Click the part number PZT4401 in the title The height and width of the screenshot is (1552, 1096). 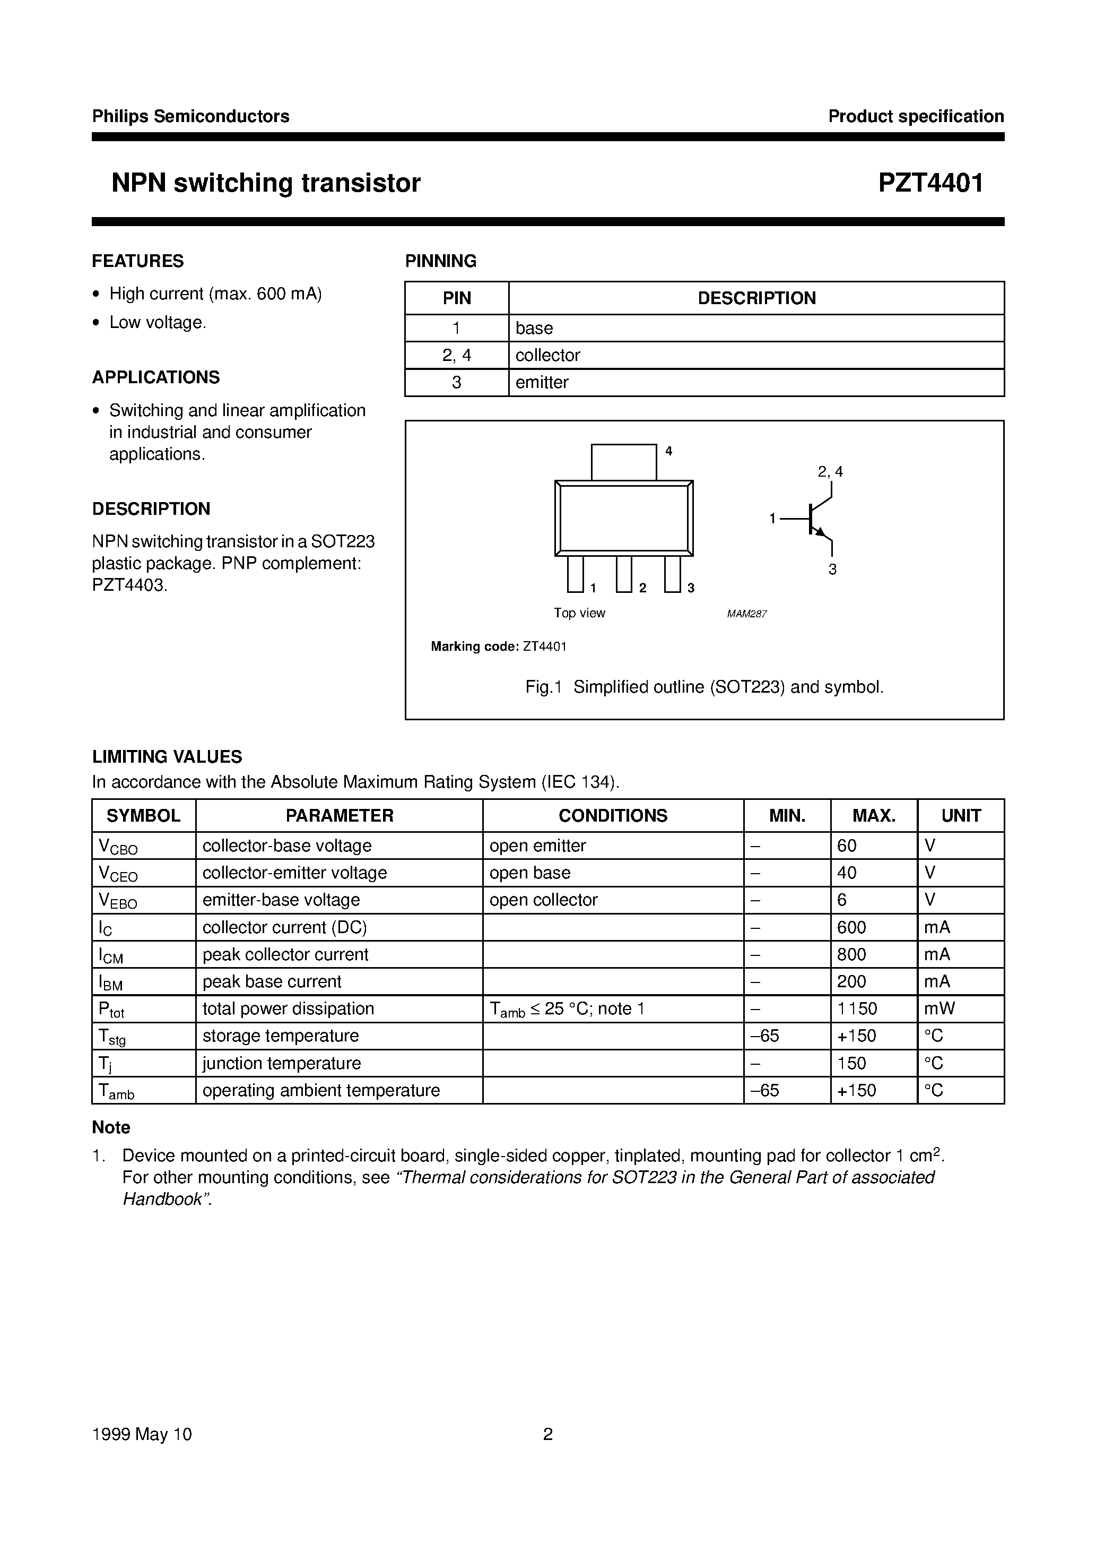click(930, 183)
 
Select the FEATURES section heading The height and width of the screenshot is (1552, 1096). click(138, 261)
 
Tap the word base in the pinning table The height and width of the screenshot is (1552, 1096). click(534, 328)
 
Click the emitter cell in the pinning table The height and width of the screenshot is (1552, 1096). click(542, 382)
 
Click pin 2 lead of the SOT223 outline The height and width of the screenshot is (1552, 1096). click(624, 573)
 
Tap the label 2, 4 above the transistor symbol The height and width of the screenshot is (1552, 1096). click(830, 472)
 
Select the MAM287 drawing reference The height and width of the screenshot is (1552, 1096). click(746, 614)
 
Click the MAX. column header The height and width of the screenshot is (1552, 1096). click(874, 815)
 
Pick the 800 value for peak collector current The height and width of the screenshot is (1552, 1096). click(851, 954)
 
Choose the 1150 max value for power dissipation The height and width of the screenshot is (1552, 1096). click(857, 1008)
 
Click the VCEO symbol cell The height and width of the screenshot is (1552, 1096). click(118, 873)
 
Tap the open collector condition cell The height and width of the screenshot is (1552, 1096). click(543, 900)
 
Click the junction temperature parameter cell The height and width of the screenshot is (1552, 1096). click(281, 1063)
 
